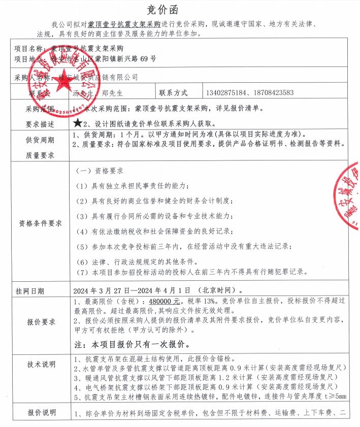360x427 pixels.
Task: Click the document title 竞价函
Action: pyautogui.click(x=179, y=10)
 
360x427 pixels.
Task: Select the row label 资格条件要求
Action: pyautogui.click(x=40, y=223)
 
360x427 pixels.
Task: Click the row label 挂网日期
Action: pyautogui.click(x=30, y=291)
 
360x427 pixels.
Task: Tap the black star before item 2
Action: pyautogui.click(x=77, y=123)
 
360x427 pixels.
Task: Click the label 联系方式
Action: pyautogui.click(x=174, y=93)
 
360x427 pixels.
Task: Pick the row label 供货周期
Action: pyautogui.click(x=40, y=140)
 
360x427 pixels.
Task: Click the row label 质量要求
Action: pyautogui.click(x=40, y=154)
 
